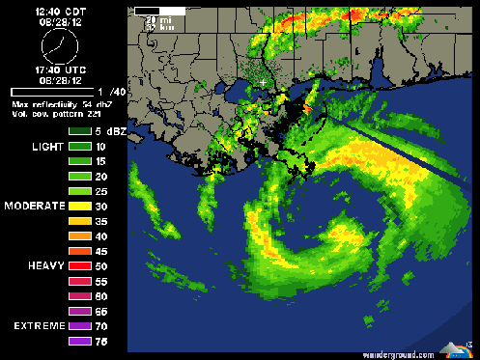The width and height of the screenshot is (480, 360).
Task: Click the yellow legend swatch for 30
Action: [79, 206]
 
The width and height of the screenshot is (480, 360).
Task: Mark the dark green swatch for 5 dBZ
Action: [79, 129]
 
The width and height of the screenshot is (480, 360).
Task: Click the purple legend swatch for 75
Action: [79, 341]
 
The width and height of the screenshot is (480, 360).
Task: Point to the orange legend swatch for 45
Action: [79, 251]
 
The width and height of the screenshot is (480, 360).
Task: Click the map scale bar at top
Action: [147, 12]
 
